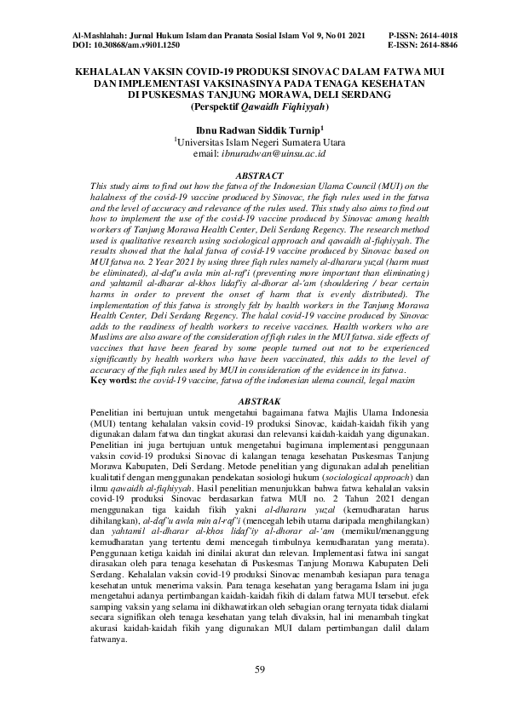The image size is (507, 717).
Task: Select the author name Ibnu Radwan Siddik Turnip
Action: pos(255,129)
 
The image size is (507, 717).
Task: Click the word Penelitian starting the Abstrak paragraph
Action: pos(116,410)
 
